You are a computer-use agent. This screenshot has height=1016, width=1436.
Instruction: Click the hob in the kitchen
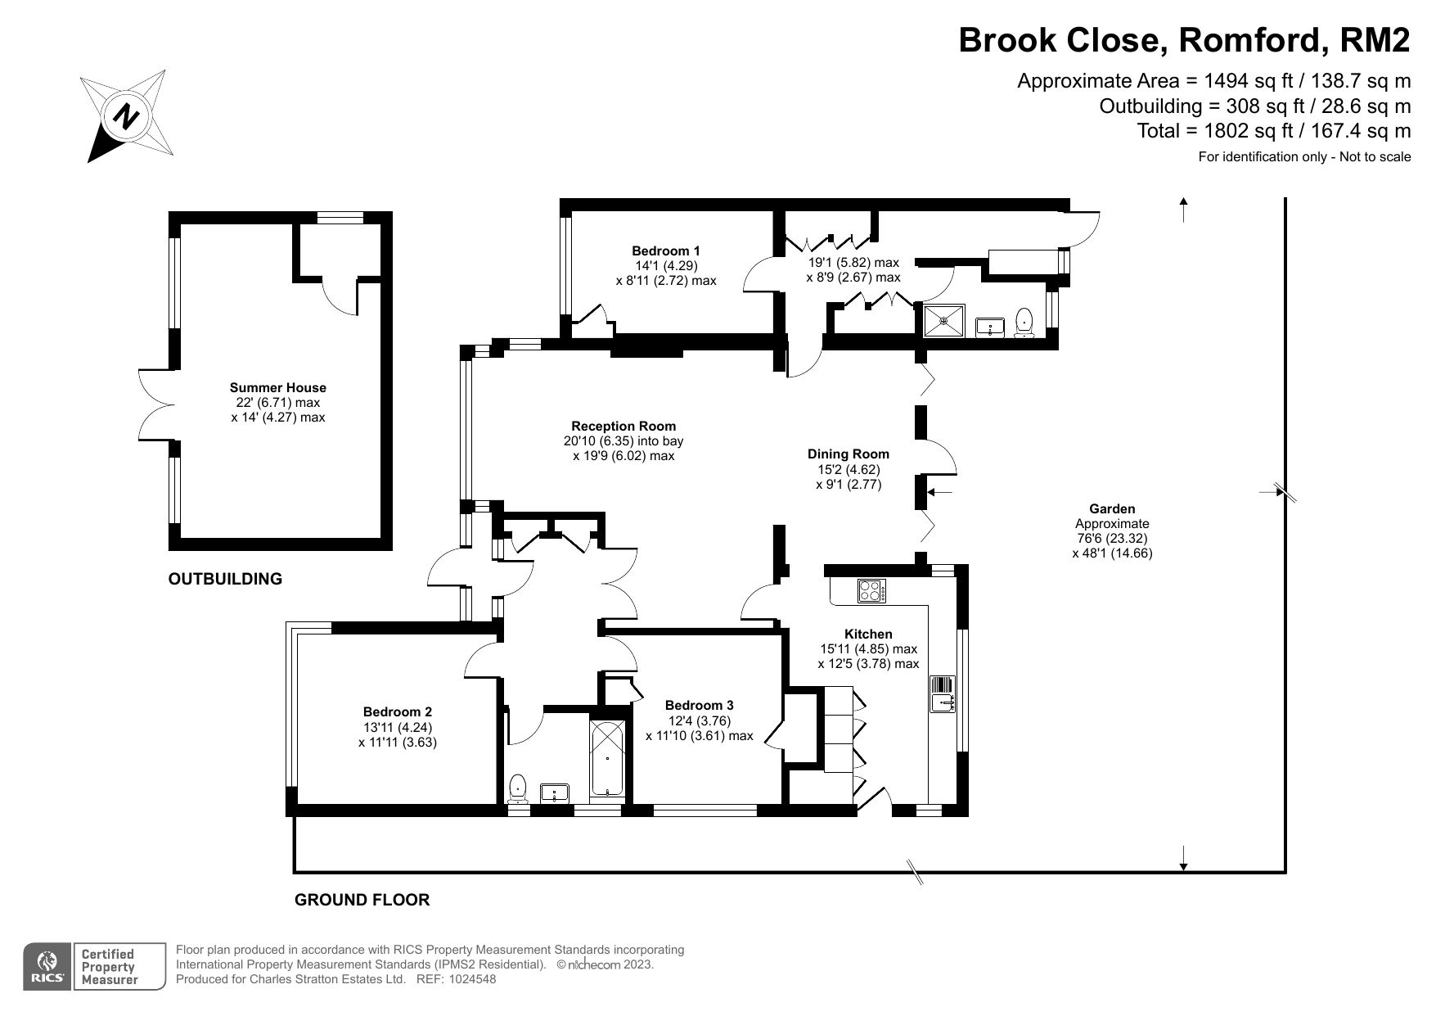click(871, 590)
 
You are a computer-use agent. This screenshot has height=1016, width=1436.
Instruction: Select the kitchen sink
click(943, 694)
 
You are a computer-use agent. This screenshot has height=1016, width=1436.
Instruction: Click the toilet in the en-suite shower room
click(1024, 323)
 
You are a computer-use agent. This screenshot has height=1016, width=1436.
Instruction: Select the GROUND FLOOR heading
click(362, 900)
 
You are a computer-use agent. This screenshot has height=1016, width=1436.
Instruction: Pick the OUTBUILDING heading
click(225, 579)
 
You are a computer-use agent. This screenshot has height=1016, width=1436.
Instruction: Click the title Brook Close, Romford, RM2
click(1185, 39)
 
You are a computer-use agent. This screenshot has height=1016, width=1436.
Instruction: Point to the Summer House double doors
click(155, 406)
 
